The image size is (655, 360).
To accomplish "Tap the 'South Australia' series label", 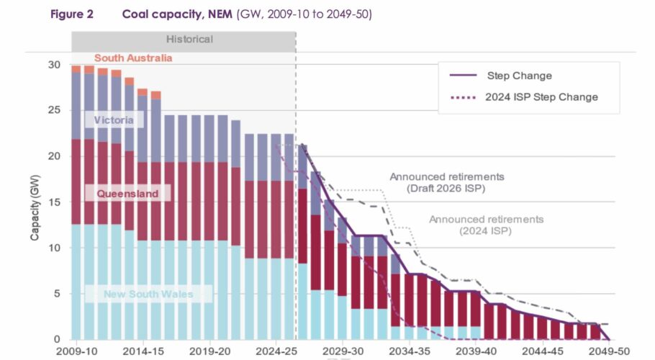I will (x=132, y=58).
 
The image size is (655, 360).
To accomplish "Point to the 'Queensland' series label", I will (x=127, y=194).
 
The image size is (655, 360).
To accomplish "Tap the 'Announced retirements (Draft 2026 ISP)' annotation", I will (x=446, y=182).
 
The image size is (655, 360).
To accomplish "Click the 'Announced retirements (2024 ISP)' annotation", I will (x=486, y=225).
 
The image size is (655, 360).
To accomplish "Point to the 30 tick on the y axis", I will (x=55, y=65).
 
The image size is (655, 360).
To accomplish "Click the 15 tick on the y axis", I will (x=55, y=202).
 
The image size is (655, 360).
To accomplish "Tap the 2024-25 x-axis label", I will (x=277, y=352).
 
